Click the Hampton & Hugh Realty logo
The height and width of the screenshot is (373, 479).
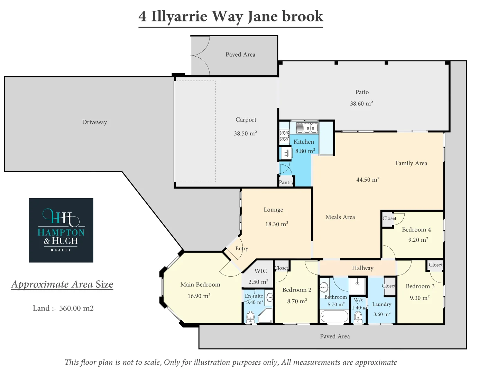(x=61, y=230)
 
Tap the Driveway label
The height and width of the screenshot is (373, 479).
(x=94, y=122)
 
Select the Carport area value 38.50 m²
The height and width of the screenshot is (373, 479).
(x=245, y=133)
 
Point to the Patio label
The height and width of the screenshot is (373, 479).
(x=362, y=92)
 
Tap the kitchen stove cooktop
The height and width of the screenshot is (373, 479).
(x=284, y=136)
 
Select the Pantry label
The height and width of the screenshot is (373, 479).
(x=286, y=182)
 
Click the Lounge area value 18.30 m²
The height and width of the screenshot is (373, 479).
(x=277, y=224)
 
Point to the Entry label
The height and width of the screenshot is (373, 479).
(x=242, y=248)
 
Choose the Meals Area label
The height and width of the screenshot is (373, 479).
(x=340, y=217)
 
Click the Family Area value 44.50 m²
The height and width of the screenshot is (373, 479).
(x=368, y=180)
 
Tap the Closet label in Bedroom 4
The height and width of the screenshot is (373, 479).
(x=389, y=218)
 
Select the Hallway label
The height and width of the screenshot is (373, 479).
(x=362, y=268)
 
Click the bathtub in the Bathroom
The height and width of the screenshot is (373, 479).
(x=334, y=316)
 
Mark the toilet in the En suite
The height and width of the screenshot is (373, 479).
(x=250, y=316)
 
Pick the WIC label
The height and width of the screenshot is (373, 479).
(x=261, y=271)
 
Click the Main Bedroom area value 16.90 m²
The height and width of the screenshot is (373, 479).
(x=199, y=296)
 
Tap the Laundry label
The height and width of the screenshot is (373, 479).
(x=381, y=304)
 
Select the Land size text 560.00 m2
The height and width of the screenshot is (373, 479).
(x=76, y=308)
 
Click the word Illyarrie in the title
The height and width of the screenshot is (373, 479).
(x=179, y=16)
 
